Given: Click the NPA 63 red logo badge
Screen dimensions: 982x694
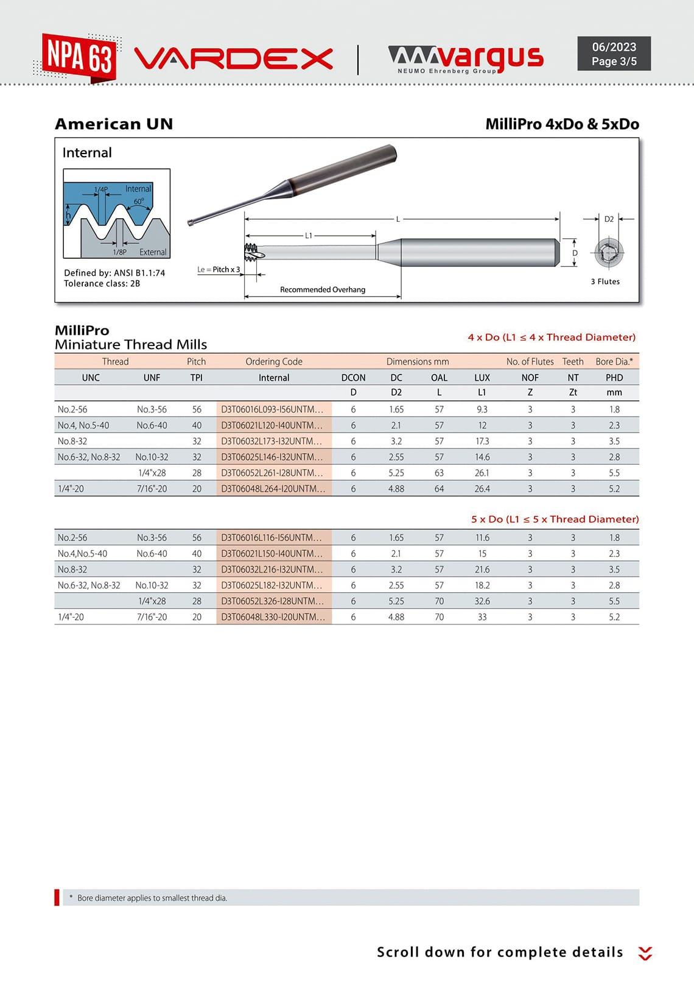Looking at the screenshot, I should tap(79, 57).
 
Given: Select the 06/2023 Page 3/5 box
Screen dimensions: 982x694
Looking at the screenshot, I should tap(614, 54).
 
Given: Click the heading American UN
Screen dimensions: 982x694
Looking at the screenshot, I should tap(114, 124).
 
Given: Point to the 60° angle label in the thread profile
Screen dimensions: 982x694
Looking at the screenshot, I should tap(139, 201).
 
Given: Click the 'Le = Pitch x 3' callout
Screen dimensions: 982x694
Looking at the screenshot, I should tap(219, 269).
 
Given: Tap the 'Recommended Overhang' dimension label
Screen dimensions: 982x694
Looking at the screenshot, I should tap(323, 289).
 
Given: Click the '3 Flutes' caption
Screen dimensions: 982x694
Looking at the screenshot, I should tap(605, 281).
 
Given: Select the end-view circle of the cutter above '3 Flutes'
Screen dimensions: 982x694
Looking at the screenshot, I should tap(609, 253).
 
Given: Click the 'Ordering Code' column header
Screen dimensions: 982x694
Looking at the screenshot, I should tap(274, 361).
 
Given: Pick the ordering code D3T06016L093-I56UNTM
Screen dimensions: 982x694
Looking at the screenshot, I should tap(272, 409).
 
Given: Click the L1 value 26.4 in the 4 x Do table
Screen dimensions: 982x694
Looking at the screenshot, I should tap(482, 489).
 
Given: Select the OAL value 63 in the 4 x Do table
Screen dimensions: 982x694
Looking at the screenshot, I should tap(439, 473).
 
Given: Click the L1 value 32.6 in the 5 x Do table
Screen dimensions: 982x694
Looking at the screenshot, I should tap(482, 601).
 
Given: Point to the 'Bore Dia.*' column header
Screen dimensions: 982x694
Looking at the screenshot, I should tap(614, 361).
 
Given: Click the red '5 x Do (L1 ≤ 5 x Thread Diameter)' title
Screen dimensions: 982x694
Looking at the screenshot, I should tap(555, 519).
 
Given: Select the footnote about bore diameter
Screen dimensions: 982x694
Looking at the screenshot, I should tap(152, 898).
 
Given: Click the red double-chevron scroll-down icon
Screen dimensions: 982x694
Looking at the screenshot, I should tap(645, 953).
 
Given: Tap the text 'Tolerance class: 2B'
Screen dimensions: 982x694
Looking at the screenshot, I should tap(102, 283).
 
